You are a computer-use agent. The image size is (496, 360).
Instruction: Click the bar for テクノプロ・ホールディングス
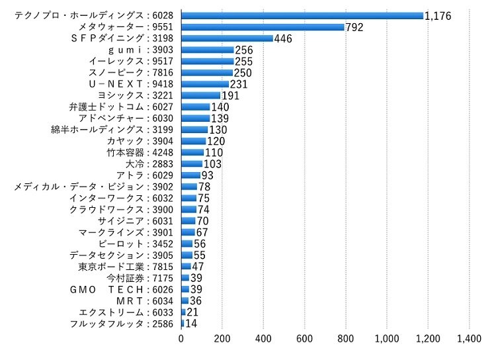[x=302, y=15]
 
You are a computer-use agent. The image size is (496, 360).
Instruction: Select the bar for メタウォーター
[x=263, y=26]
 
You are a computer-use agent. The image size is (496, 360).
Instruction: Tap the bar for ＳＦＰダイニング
[x=227, y=38]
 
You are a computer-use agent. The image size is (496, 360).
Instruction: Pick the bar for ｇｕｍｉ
[x=207, y=50]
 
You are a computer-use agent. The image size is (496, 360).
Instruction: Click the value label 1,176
[x=438, y=15]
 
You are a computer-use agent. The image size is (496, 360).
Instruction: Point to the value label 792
[x=354, y=27]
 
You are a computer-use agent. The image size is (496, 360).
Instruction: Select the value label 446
[x=283, y=38]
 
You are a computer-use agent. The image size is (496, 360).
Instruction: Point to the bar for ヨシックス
[x=200, y=95]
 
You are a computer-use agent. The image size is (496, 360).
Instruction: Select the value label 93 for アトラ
[x=208, y=175]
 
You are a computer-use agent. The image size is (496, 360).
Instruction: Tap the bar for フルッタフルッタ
[x=183, y=324]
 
